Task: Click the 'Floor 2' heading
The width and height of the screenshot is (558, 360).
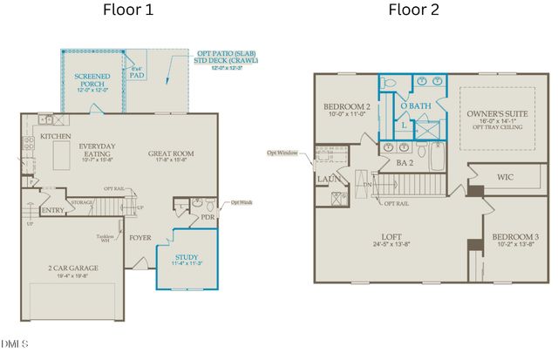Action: pyautogui.click(x=413, y=11)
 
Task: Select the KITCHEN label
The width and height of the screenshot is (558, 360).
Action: pyautogui.click(x=55, y=137)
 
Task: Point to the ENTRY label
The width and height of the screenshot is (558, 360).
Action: pyautogui.click(x=52, y=210)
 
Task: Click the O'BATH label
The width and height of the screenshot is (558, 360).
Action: pyautogui.click(x=415, y=106)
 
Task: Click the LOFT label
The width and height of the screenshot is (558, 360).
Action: pyautogui.click(x=390, y=236)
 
